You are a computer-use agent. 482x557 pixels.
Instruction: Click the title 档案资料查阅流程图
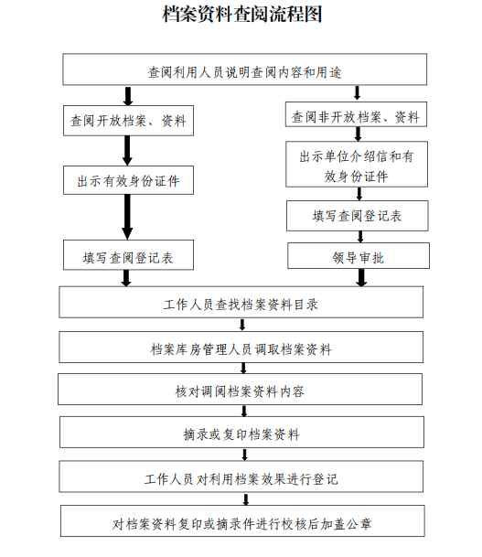[242, 15]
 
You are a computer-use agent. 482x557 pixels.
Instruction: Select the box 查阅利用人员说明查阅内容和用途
[245, 70]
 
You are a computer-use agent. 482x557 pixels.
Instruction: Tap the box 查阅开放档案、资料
[128, 121]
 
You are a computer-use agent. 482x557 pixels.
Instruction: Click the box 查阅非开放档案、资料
[356, 114]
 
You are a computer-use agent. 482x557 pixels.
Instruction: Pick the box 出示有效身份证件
[128, 180]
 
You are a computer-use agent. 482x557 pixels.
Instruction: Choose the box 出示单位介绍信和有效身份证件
[357, 164]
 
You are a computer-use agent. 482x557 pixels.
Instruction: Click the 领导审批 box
[359, 256]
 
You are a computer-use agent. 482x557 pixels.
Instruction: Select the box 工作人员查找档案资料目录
[241, 302]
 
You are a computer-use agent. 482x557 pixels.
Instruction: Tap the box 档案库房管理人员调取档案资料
[241, 347]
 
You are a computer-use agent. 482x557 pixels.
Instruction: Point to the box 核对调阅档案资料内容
[241, 389]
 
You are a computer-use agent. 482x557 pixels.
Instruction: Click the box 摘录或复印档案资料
[241, 432]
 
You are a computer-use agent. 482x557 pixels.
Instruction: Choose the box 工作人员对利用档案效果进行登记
[241, 477]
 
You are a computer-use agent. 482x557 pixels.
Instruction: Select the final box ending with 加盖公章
[242, 520]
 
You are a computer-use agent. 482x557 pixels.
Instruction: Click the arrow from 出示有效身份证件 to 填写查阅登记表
[127, 217]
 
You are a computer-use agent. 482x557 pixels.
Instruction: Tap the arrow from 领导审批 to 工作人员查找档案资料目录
[361, 277]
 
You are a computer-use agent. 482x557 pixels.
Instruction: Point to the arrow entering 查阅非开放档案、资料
[357, 93]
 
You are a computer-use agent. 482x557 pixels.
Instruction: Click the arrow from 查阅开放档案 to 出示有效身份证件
[127, 151]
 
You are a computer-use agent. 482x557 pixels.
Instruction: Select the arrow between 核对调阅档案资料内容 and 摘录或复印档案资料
[244, 411]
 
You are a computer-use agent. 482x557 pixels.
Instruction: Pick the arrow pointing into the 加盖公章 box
[245, 499]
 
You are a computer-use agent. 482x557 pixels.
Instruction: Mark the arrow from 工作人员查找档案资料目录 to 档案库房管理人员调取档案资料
[242, 325]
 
